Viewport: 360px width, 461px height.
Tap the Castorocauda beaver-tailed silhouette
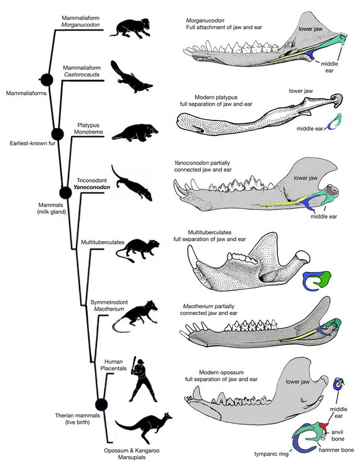tap(131, 78)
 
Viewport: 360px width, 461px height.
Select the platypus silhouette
tap(136, 133)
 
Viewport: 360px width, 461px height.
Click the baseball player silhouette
tap(142, 379)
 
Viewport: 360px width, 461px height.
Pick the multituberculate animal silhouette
tap(137, 249)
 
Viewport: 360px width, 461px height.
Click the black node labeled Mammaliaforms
tap(47, 80)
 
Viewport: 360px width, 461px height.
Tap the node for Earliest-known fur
tap(57, 134)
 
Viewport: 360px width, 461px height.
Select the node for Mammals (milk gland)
tap(65, 193)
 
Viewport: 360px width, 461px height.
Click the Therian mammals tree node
tap(101, 404)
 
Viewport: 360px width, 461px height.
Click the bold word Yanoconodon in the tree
tap(92, 187)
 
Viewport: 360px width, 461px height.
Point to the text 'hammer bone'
tap(336, 450)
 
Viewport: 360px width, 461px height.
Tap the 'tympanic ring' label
tap(272, 454)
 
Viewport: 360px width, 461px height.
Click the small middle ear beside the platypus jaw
tap(335, 122)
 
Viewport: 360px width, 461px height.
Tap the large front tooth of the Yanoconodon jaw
tap(180, 188)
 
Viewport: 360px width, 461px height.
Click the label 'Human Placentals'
tap(114, 365)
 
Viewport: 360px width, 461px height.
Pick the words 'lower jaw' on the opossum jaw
tap(298, 381)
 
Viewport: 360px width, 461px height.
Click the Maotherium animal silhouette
tap(136, 316)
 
